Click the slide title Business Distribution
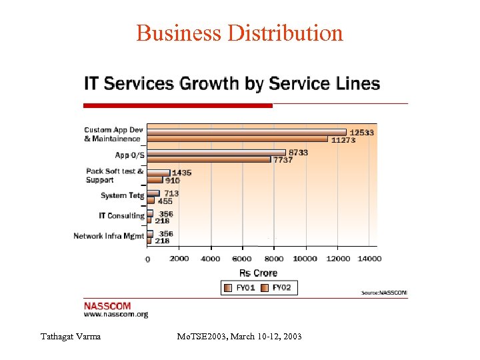tap(239, 33)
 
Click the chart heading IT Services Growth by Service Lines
tap(231, 84)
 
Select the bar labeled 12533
tap(247, 132)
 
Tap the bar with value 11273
tap(237, 139)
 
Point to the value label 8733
tap(298, 153)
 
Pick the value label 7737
tap(282, 160)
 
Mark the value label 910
tap(172, 180)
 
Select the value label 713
tap(171, 193)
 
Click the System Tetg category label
tap(122, 196)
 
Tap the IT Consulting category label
tap(121, 216)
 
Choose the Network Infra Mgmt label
tap(109, 236)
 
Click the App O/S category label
tap(129, 155)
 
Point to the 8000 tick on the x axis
tap(273, 259)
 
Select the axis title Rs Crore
tap(258, 273)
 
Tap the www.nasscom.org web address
tap(115, 314)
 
